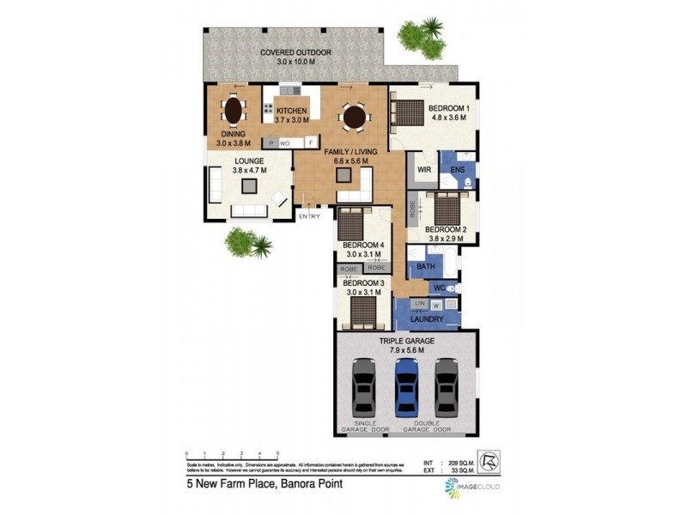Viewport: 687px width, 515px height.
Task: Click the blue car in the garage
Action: (x=404, y=387)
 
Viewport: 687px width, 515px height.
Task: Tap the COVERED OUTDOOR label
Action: (x=296, y=53)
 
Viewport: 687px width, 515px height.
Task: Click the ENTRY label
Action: (x=308, y=215)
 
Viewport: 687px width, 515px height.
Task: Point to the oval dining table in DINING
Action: (x=232, y=110)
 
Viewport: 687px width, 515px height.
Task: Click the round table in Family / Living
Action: (x=352, y=116)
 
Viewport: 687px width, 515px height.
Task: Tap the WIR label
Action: (x=423, y=170)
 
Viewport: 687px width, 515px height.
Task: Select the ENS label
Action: (x=457, y=170)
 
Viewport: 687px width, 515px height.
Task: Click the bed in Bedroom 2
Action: (x=447, y=207)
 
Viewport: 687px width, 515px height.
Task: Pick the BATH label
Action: (x=426, y=267)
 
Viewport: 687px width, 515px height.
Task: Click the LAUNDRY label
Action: (x=426, y=319)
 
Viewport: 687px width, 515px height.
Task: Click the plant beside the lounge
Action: (x=250, y=243)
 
